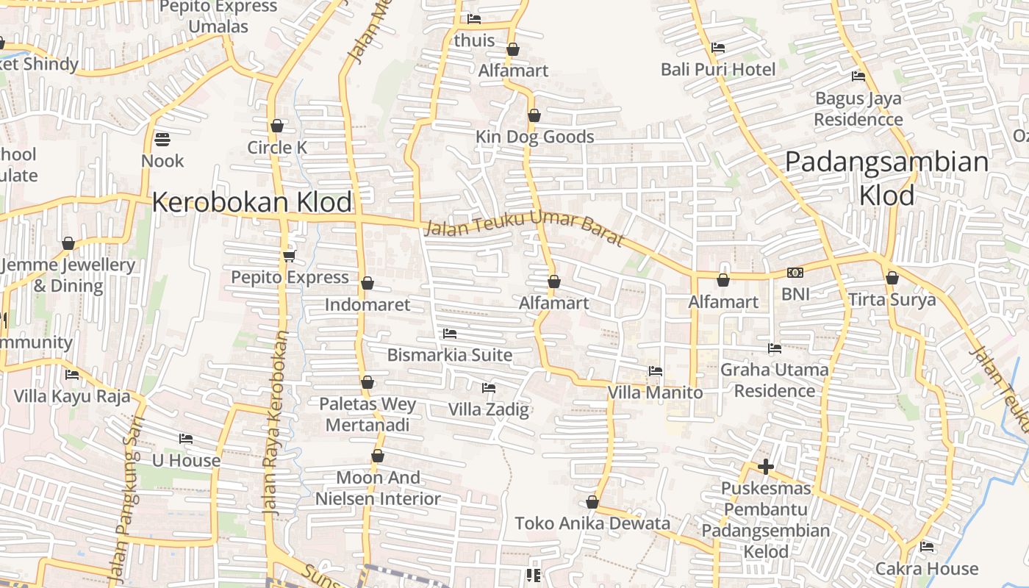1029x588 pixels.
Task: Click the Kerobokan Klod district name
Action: pos(252,202)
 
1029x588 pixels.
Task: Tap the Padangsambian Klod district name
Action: pos(887,178)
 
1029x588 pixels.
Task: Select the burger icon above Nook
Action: pos(162,139)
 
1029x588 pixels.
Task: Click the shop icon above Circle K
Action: pos(277,126)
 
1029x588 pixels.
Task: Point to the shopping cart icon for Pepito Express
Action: pos(289,256)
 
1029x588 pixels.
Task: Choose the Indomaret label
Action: pos(367,304)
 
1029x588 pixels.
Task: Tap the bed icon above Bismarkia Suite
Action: pos(450,334)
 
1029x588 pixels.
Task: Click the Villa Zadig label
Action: pos(489,409)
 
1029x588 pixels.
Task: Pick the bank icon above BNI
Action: pos(795,273)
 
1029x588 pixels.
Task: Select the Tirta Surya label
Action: pos(892,299)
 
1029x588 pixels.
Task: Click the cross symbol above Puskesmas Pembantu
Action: pos(766,467)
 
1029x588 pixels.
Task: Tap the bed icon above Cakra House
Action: pos(927,547)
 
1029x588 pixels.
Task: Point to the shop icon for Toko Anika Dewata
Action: pos(592,503)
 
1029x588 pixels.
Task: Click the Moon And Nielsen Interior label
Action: pos(378,488)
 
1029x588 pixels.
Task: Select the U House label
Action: pos(186,461)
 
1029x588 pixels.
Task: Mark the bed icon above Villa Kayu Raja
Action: pos(72,375)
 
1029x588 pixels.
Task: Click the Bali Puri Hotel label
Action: pos(718,70)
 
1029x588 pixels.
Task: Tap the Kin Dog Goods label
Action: pos(534,137)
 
